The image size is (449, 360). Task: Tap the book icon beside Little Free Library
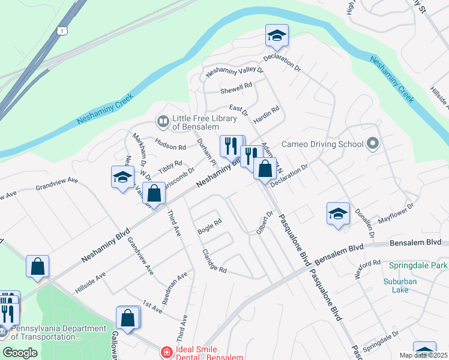point(162,122)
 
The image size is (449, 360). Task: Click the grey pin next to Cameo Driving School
point(373,143)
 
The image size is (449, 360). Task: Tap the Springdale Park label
point(418,265)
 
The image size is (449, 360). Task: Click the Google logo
point(20,353)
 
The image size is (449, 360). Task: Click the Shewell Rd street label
point(236,88)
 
